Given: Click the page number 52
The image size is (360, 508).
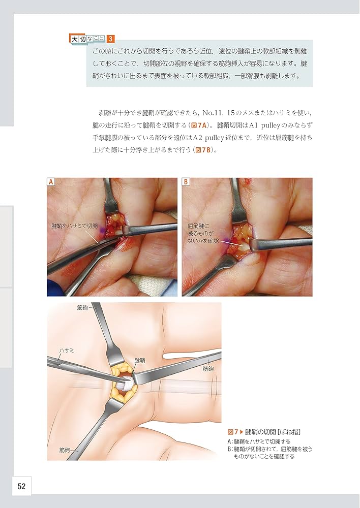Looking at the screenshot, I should (22, 486).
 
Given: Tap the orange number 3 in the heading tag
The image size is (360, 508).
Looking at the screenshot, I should (111, 39).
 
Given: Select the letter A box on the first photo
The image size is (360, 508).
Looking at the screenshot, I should (51, 182).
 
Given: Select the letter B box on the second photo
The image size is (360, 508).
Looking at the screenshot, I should (186, 182).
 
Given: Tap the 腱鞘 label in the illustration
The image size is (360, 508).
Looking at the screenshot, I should (139, 360).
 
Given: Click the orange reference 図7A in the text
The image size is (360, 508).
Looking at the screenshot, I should (202, 125).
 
